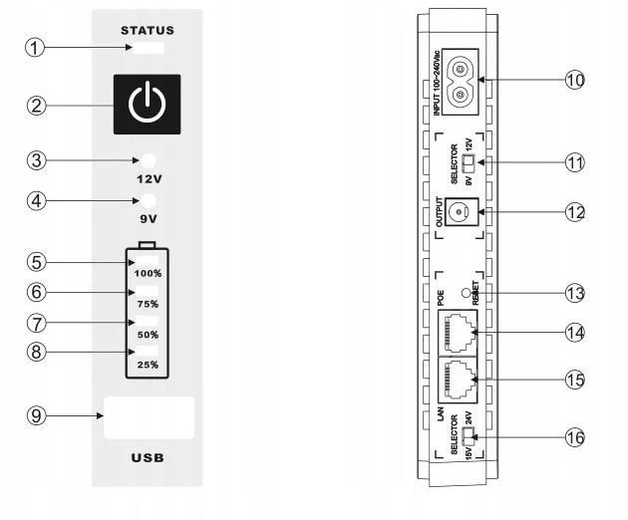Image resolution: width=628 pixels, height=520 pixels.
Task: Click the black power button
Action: pos(147,105)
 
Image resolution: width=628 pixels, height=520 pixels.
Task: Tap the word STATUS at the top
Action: pos(147,31)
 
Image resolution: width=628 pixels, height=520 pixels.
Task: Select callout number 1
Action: pos(36,47)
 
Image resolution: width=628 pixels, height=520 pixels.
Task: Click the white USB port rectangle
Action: pos(148,417)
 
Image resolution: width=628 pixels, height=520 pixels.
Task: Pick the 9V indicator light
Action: pos(148,200)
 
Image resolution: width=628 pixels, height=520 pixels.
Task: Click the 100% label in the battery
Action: pos(147,273)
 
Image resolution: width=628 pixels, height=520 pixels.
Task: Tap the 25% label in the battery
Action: pos(147,366)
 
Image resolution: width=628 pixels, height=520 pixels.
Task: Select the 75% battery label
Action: pos(147,304)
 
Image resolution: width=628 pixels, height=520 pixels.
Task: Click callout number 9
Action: pos(36,416)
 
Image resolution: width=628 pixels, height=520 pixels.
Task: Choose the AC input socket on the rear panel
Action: pos(460,82)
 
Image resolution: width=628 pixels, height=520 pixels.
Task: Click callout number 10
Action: pos(573,81)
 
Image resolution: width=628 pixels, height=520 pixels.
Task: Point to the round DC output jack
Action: pos(460,212)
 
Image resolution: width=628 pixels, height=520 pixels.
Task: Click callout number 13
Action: pos(573,293)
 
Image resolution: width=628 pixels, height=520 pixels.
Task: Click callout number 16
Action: pos(573,436)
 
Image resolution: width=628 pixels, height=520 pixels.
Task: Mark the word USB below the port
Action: pos(147,459)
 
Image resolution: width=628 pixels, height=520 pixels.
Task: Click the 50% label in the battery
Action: pos(147,335)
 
